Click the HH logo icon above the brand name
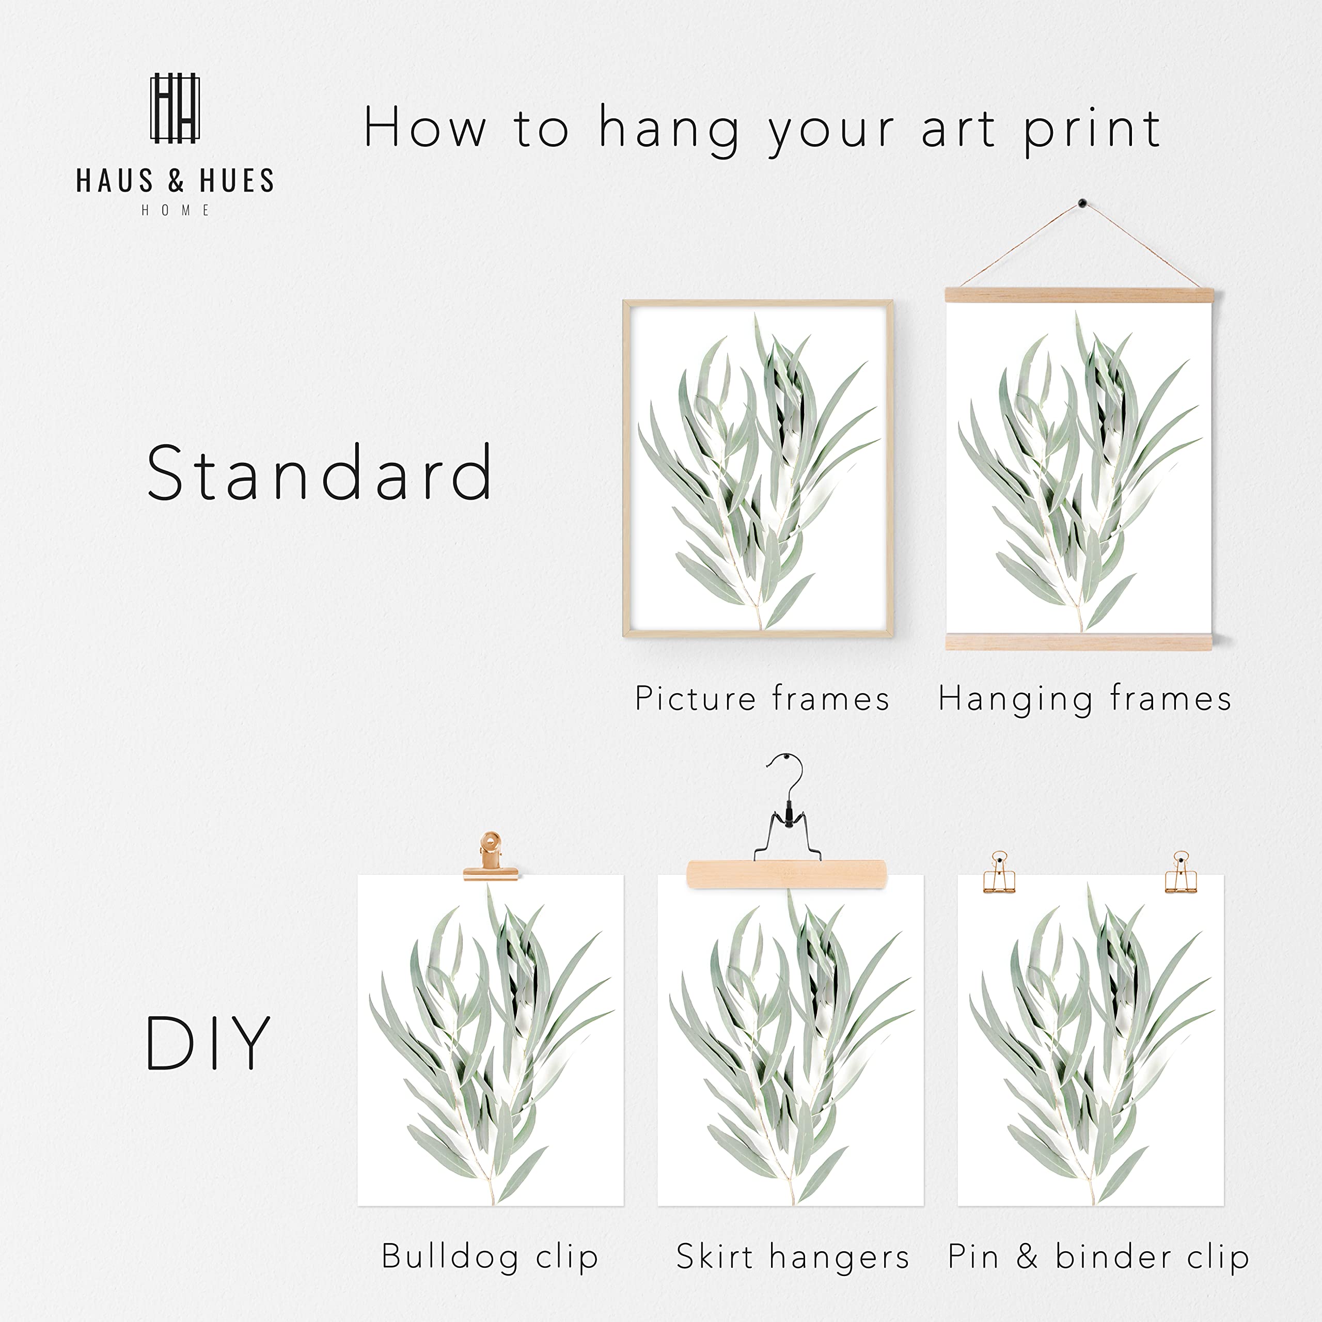click(x=175, y=108)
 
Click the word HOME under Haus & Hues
click(x=175, y=211)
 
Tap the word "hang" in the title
click(x=669, y=130)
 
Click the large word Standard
click(x=319, y=472)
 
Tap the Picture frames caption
click(x=762, y=699)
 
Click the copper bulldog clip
click(x=490, y=855)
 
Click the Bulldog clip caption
click(x=490, y=1257)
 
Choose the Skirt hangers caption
click(x=792, y=1257)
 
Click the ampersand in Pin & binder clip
click(x=1027, y=1256)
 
